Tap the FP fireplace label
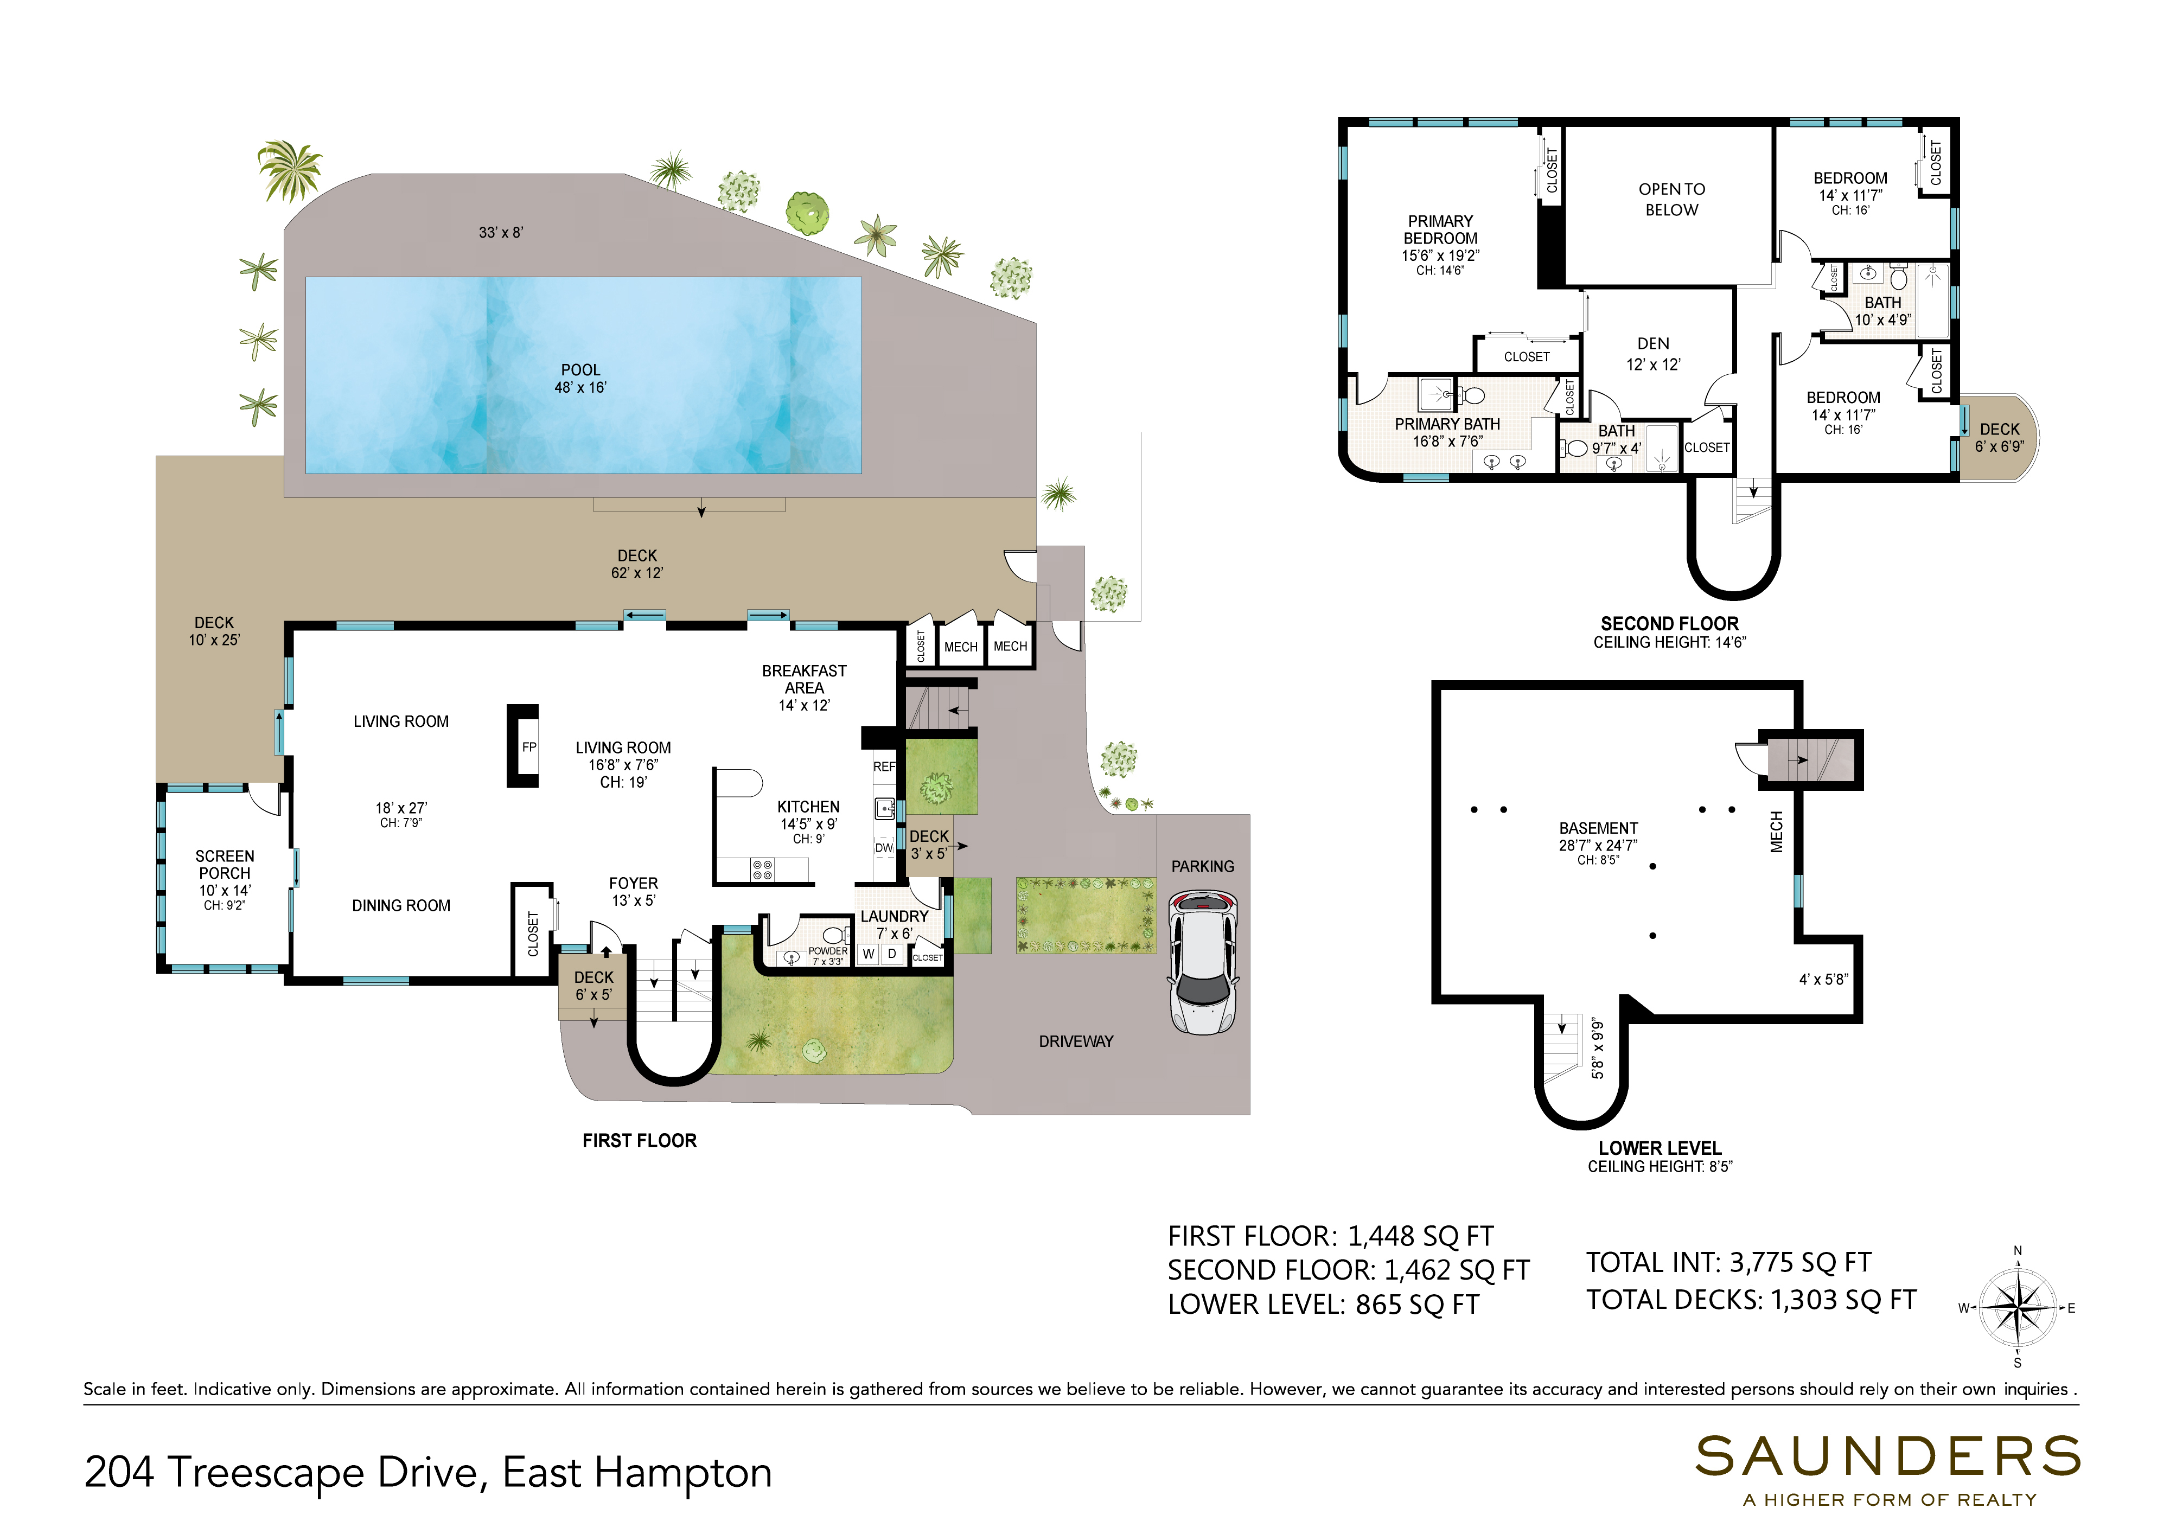point(529,747)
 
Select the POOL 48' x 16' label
point(580,378)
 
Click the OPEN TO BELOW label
point(1672,200)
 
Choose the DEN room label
point(1653,344)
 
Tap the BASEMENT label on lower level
point(1598,828)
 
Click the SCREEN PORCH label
point(225,865)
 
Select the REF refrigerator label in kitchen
point(884,766)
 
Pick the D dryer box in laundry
point(891,955)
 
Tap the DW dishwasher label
point(884,848)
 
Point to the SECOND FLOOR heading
point(1669,624)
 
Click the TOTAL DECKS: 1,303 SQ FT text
point(1751,1301)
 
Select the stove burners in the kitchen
point(762,870)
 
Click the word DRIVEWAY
point(1076,1041)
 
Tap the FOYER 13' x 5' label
point(633,891)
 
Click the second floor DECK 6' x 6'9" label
point(1999,438)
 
